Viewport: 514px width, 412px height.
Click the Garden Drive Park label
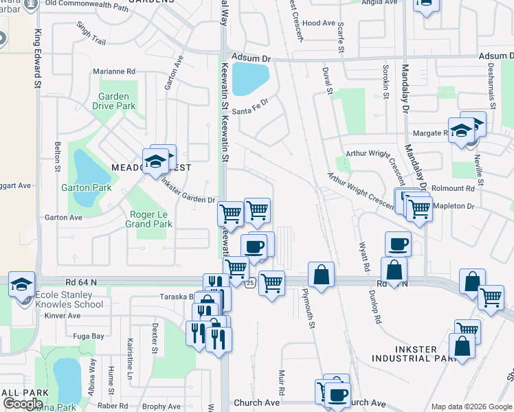pyautogui.click(x=117, y=102)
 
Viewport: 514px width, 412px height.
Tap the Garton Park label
pyautogui.click(x=86, y=187)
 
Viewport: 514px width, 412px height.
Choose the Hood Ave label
pyautogui.click(x=319, y=23)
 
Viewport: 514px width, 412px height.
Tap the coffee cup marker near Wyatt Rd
pyautogui.click(x=398, y=242)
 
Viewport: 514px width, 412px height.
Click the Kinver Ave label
pyautogui.click(x=63, y=316)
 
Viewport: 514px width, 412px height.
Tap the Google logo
pyautogui.click(x=23, y=404)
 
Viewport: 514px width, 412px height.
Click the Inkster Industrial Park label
pyautogui.click(x=414, y=354)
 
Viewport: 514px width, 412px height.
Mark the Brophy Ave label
pyautogui.click(x=162, y=407)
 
